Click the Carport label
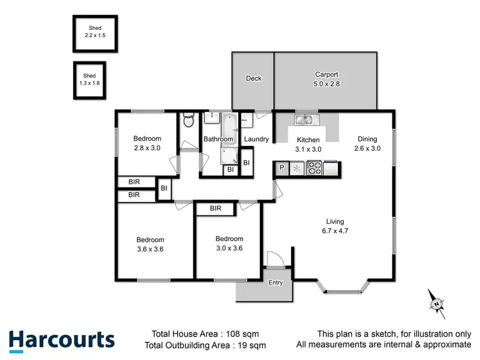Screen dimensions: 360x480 [326, 74]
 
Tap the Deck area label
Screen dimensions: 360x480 [254, 79]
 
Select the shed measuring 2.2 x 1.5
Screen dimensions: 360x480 [95, 33]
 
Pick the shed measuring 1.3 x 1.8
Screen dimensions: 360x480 [89, 80]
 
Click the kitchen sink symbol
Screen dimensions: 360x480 [304, 120]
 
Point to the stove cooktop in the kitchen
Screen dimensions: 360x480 [315, 169]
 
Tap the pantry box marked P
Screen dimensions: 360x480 [281, 169]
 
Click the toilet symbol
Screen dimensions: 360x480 [188, 121]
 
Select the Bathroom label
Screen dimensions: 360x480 [218, 139]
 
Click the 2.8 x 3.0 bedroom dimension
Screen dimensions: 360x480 [147, 148]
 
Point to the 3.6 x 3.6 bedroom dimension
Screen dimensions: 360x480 [150, 249]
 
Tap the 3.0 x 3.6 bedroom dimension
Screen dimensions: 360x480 [229, 248]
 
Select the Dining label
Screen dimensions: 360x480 [367, 139]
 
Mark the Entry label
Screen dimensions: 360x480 [276, 283]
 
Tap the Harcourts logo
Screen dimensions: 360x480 [62, 340]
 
